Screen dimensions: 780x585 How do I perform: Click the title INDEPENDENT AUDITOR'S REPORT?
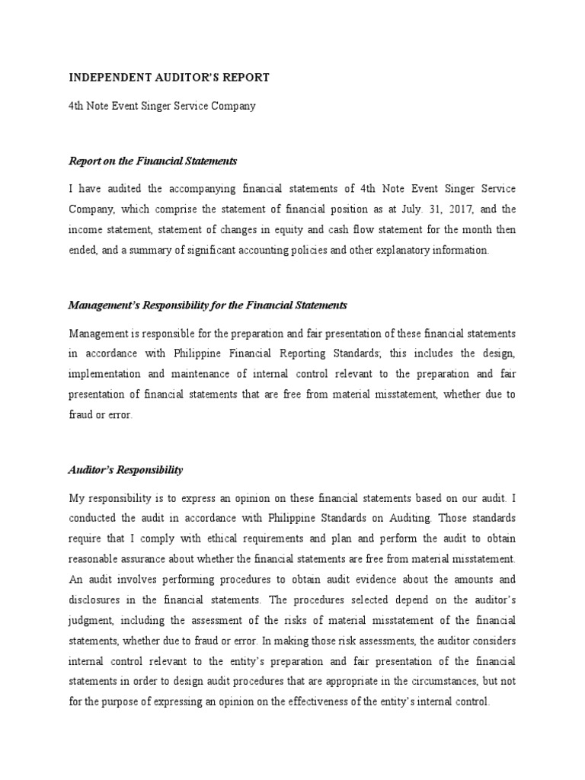168,78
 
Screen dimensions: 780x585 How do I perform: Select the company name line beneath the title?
162,106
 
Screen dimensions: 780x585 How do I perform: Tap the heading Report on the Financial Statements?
153,161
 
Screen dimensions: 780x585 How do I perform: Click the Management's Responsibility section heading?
207,305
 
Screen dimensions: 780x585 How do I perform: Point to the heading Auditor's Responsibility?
126,470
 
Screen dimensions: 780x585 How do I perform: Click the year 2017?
440,209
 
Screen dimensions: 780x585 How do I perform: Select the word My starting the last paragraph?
77,498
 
